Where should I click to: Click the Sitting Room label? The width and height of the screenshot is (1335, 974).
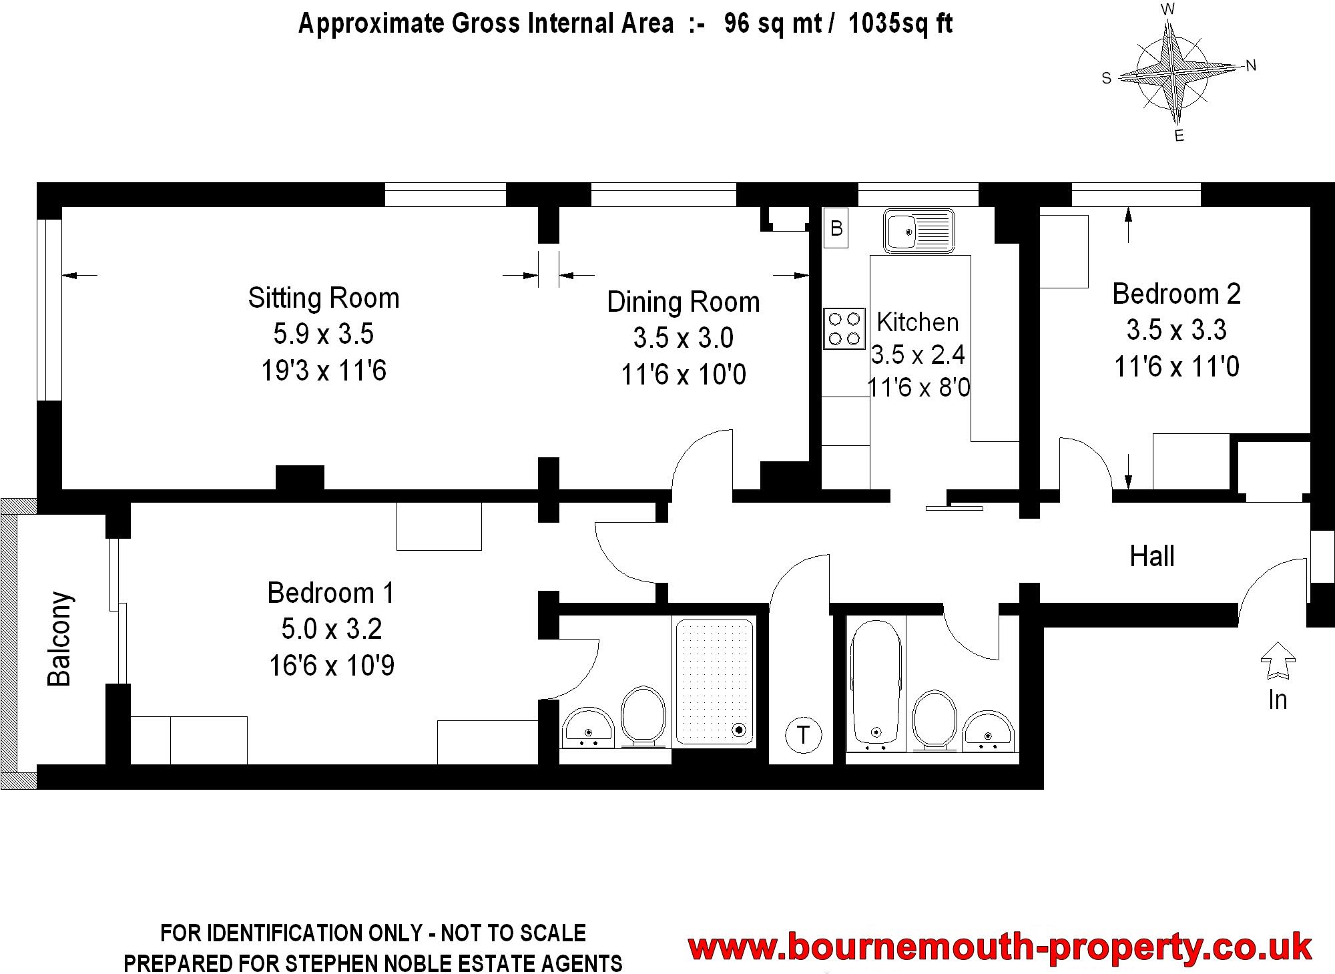pyautogui.click(x=324, y=298)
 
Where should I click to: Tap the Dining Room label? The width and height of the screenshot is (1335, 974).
pyautogui.click(x=683, y=302)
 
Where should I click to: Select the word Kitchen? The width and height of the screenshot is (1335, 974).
pyautogui.click(x=917, y=322)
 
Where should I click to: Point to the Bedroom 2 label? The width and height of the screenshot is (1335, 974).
pyautogui.click(x=1176, y=294)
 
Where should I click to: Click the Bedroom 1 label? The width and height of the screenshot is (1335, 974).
pyautogui.click(x=331, y=593)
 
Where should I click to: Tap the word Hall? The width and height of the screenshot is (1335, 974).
pyautogui.click(x=1152, y=556)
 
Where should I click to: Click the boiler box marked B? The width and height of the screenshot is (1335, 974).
pyautogui.click(x=836, y=228)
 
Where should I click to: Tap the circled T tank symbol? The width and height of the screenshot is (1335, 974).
pyautogui.click(x=803, y=735)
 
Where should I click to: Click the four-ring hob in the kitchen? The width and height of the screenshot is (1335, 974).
pyautogui.click(x=844, y=328)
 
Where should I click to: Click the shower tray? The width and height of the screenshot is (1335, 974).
pyautogui.click(x=714, y=681)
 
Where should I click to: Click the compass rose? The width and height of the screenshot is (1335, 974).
pyautogui.click(x=1173, y=72)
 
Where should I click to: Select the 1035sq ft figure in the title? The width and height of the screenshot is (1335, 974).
pyautogui.click(x=900, y=24)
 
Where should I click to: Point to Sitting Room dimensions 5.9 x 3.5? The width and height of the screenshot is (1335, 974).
pyautogui.click(x=324, y=334)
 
